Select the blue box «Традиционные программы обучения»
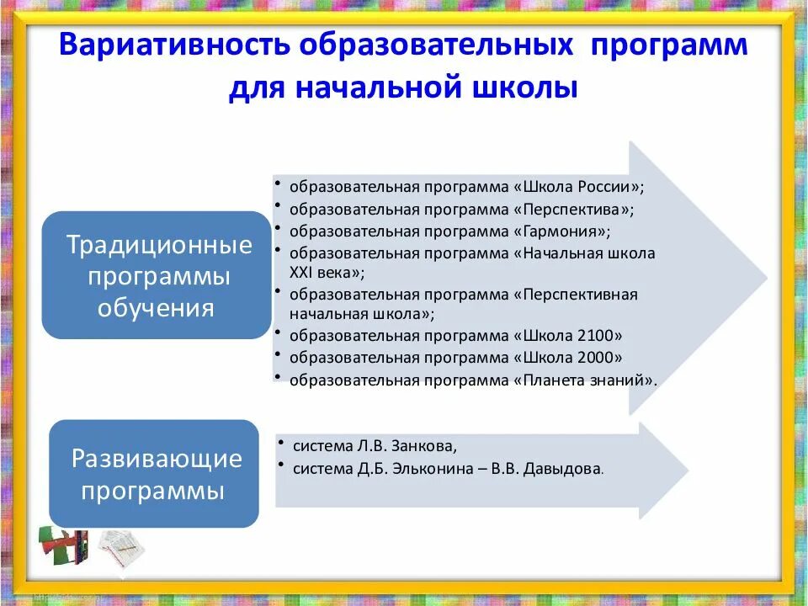click(156, 276)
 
